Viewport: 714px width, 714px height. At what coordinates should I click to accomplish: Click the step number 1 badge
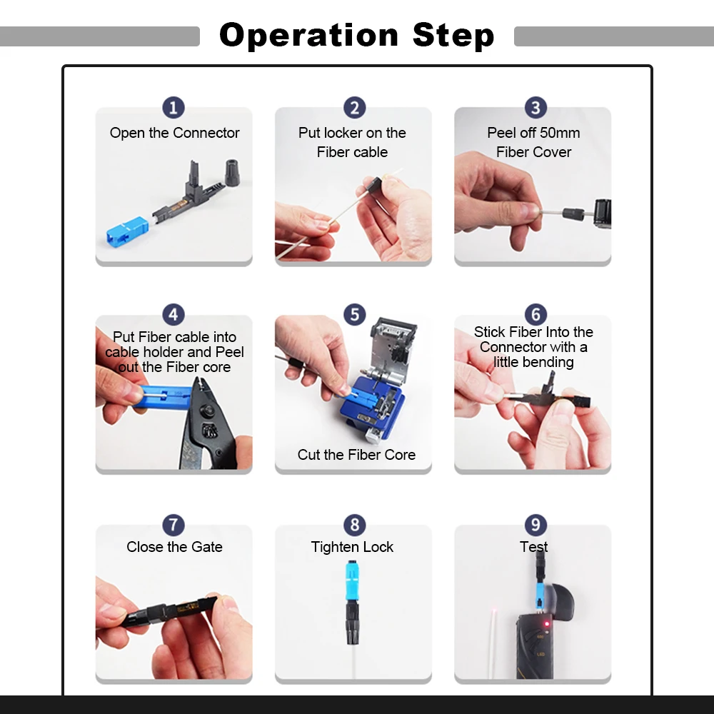pos(174,108)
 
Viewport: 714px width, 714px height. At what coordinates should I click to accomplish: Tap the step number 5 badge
pos(354,315)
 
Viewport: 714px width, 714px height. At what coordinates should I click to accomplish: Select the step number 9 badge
pos(535,525)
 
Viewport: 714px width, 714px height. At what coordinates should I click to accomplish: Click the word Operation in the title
pos(308,35)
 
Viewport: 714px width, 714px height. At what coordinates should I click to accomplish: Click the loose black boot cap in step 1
pos(233,171)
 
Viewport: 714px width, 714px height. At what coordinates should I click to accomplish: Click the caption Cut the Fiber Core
pos(356,455)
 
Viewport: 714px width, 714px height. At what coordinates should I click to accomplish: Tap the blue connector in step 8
pos(352,582)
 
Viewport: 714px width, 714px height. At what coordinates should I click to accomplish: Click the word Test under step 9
pos(533,547)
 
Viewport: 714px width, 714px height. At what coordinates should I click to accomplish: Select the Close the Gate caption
pos(174,547)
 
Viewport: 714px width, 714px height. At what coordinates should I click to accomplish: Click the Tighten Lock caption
pos(352,547)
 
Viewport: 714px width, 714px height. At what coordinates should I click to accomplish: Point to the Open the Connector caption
pos(174,133)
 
